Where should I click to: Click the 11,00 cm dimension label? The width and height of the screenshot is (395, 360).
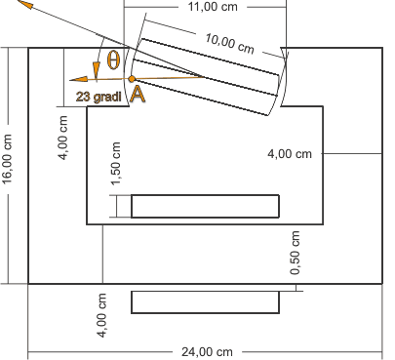point(213,7)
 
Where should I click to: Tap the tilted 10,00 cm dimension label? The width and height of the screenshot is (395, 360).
point(229,44)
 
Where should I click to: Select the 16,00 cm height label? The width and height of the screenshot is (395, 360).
point(7,159)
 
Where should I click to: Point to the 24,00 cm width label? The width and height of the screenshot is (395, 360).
point(207,352)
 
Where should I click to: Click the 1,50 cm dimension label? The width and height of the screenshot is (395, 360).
point(116,164)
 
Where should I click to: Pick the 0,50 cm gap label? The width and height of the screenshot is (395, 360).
point(295,253)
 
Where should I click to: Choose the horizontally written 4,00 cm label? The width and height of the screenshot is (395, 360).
point(290,154)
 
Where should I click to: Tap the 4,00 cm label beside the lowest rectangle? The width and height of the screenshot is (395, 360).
point(101,315)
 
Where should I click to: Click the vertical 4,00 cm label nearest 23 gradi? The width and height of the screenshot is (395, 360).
point(62,138)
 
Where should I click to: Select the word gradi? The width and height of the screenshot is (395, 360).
point(107,97)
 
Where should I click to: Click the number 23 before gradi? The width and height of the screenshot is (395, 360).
point(84,97)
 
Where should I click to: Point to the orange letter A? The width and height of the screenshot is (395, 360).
point(138,95)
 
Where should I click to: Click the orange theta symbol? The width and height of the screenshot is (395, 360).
point(113,60)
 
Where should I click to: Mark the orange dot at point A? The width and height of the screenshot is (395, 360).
point(132,79)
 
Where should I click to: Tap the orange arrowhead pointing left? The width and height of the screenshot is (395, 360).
point(79,79)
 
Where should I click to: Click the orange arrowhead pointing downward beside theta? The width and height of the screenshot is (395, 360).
point(97,69)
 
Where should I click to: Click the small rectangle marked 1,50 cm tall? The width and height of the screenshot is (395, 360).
point(205,206)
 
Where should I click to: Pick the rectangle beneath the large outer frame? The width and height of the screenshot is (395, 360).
point(205,302)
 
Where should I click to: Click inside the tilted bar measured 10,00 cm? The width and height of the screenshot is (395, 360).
point(208,77)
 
